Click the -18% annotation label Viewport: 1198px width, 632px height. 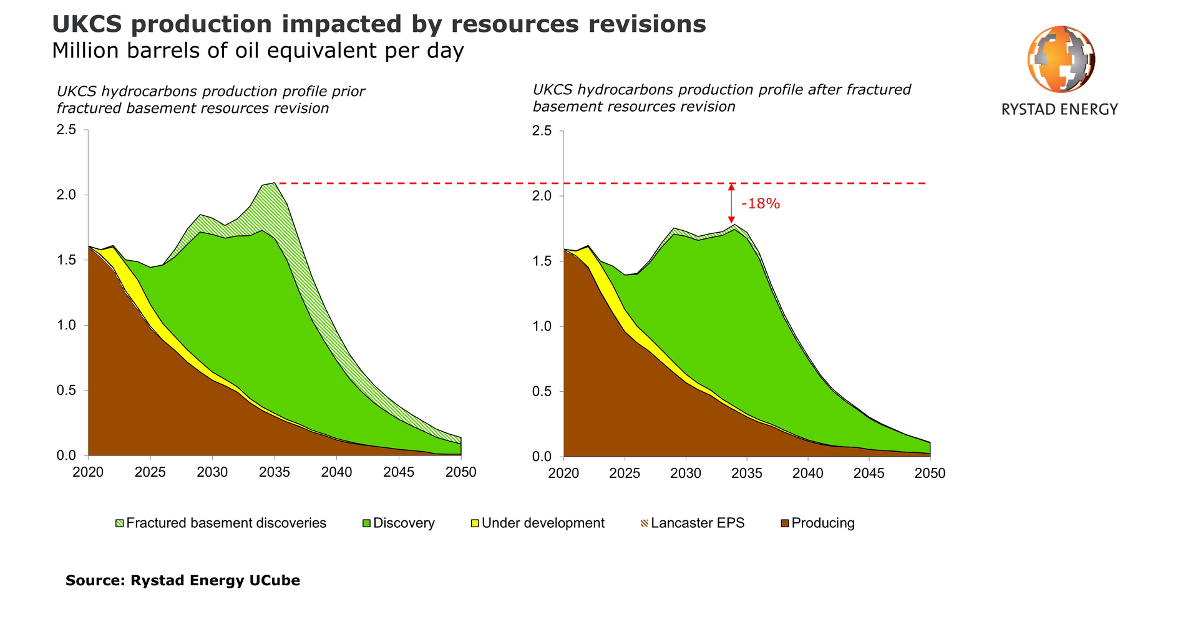pos(760,204)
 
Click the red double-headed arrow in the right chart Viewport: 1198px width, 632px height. pos(731,203)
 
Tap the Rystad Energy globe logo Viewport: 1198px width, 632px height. pos(1061,59)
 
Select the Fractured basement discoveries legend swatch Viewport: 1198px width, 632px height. pos(120,523)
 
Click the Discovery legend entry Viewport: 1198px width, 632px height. pos(403,523)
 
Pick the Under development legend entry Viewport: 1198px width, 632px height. pos(542,523)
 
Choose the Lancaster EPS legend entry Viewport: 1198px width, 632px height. pos(697,523)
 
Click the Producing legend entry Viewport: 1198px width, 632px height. pos(822,523)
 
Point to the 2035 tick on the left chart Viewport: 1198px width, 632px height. pos(275,472)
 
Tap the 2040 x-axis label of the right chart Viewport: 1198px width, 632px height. pos(808,474)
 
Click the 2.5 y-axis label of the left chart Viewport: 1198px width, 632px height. pos(66,130)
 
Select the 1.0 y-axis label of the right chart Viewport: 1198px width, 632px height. pos(542,326)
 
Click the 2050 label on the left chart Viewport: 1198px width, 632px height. pos(461,472)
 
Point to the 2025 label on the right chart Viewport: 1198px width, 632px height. pos(625,474)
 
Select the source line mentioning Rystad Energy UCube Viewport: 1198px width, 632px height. pos(183,581)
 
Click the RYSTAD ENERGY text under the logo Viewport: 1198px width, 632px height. pos(1059,110)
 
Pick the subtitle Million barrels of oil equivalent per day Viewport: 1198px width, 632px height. pos(258,51)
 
